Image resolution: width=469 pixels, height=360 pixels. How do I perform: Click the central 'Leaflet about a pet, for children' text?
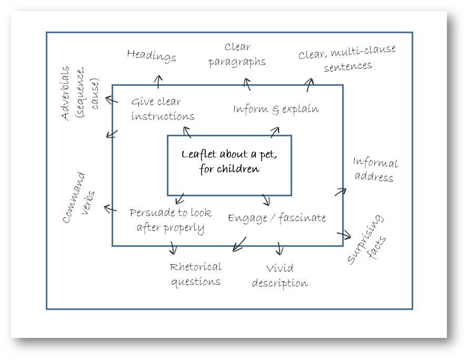coord(229,162)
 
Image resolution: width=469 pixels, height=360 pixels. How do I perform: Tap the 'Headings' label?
coord(152,55)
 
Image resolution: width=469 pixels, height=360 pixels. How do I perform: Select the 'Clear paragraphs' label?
coord(237,55)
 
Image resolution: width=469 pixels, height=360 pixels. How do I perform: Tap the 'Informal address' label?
coord(375,169)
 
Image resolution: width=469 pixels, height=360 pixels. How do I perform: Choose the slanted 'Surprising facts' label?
coord(367,239)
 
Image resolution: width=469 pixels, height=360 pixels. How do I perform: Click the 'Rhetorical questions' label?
coord(195,274)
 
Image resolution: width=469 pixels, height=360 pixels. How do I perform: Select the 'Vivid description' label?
coord(280,276)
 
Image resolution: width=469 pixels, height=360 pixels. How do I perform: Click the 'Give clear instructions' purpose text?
coord(162,109)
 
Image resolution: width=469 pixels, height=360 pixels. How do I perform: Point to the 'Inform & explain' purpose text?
coord(276,109)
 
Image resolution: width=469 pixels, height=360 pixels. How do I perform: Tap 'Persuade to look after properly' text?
coord(171,220)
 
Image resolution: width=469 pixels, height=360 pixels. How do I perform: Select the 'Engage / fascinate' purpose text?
coord(277,217)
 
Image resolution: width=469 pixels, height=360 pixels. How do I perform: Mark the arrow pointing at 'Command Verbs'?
coord(110,209)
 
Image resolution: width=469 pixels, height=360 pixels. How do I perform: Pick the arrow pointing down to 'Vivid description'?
coord(280,249)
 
